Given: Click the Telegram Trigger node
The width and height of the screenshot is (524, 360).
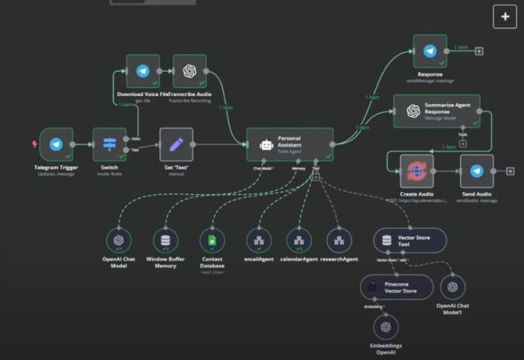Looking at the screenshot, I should (x=56, y=145).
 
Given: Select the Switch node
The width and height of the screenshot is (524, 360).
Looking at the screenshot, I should (x=110, y=145).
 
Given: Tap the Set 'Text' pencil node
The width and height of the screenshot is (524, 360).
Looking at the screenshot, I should (x=177, y=145).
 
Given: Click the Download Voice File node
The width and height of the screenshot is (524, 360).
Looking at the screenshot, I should (x=143, y=71).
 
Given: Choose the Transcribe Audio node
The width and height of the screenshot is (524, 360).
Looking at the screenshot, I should (x=189, y=71).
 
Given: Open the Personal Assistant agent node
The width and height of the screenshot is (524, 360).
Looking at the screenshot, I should (x=290, y=144).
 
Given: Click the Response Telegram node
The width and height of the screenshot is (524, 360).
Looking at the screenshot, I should (x=430, y=51).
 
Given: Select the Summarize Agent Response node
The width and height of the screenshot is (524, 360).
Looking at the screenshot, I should (x=436, y=111).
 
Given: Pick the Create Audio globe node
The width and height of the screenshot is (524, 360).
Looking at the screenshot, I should (x=416, y=171).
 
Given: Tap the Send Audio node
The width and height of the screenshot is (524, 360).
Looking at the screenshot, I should (x=477, y=171).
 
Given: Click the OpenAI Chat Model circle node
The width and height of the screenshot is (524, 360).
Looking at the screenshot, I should (x=118, y=240).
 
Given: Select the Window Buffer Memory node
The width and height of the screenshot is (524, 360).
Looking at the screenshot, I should (x=166, y=240).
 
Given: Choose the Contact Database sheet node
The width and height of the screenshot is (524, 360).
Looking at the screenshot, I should (x=212, y=240).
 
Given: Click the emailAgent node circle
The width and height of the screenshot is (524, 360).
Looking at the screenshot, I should (x=258, y=240).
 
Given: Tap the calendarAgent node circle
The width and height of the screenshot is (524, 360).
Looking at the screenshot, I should (x=299, y=240).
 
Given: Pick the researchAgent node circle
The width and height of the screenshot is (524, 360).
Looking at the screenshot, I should (x=339, y=240).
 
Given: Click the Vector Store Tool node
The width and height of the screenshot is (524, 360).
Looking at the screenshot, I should (x=410, y=240).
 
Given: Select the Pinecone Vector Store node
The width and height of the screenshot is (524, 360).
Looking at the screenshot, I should (x=396, y=287).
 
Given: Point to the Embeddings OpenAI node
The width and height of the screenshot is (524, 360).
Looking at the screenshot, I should (x=386, y=327).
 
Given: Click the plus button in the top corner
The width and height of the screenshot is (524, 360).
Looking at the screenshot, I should (x=505, y=17).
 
